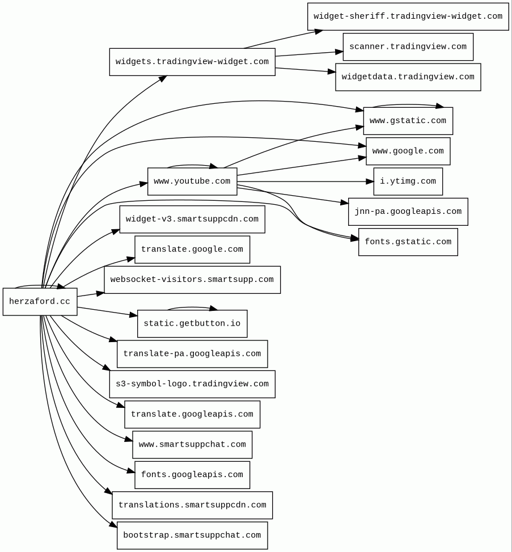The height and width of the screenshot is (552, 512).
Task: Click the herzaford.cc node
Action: click(40, 302)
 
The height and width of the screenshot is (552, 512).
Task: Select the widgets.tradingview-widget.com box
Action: click(192, 62)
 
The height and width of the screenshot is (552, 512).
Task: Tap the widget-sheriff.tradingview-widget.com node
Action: click(408, 16)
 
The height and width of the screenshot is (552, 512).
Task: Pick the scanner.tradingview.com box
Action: click(408, 47)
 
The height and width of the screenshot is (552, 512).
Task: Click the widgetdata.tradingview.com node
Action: click(408, 77)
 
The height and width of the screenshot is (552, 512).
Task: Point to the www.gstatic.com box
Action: click(408, 121)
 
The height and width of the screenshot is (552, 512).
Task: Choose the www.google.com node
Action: click(408, 151)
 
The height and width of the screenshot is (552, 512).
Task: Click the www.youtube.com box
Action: click(192, 182)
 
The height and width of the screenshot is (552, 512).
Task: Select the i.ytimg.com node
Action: click(408, 182)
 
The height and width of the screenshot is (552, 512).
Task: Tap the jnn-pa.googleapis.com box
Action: click(408, 212)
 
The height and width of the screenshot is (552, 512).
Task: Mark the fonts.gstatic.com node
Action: click(408, 242)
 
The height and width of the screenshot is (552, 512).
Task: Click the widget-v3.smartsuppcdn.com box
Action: click(192, 220)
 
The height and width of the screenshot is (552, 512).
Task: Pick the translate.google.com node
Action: click(192, 250)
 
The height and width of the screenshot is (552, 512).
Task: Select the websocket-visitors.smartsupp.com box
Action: click(192, 280)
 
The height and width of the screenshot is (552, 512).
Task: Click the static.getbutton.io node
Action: click(192, 324)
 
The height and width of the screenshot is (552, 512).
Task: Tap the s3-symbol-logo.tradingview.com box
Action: click(192, 385)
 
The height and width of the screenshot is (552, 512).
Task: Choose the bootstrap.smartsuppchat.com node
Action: click(192, 536)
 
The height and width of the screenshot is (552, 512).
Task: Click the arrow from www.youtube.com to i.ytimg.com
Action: click(306, 182)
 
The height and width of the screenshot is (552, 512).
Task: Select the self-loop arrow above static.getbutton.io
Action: click(192, 307)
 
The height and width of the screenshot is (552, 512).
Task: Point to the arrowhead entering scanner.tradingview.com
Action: click(339, 52)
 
